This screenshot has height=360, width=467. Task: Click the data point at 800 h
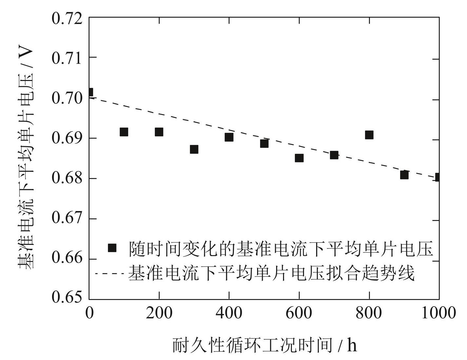pyautogui.click(x=369, y=135)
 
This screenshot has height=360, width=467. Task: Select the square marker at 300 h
pyautogui.click(x=194, y=149)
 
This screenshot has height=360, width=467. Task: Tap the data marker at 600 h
pyautogui.click(x=299, y=158)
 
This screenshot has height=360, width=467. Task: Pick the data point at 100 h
pyautogui.click(x=124, y=132)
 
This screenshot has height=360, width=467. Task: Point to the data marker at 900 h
pyautogui.click(x=404, y=175)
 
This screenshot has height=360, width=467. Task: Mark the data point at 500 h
pyautogui.click(x=264, y=143)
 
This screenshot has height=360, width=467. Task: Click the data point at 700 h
pyautogui.click(x=334, y=155)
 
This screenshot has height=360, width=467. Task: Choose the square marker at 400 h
pyautogui.click(x=229, y=137)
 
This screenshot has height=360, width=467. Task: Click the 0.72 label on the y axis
pyautogui.click(x=67, y=18)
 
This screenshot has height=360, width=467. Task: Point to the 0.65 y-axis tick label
pyautogui.click(x=67, y=297)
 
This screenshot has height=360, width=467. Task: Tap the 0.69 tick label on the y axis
pyautogui.click(x=67, y=138)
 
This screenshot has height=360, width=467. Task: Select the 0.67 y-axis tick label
pyautogui.click(x=67, y=218)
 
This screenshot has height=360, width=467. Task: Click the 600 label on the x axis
pyautogui.click(x=299, y=313)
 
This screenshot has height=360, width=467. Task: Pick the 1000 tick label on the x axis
pyautogui.click(x=438, y=313)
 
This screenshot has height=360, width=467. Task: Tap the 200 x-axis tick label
pyautogui.click(x=159, y=313)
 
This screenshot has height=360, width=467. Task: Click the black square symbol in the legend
pyautogui.click(x=112, y=248)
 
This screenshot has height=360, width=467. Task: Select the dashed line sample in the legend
pyautogui.click(x=110, y=273)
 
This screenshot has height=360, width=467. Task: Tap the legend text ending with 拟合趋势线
pyautogui.click(x=271, y=273)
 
